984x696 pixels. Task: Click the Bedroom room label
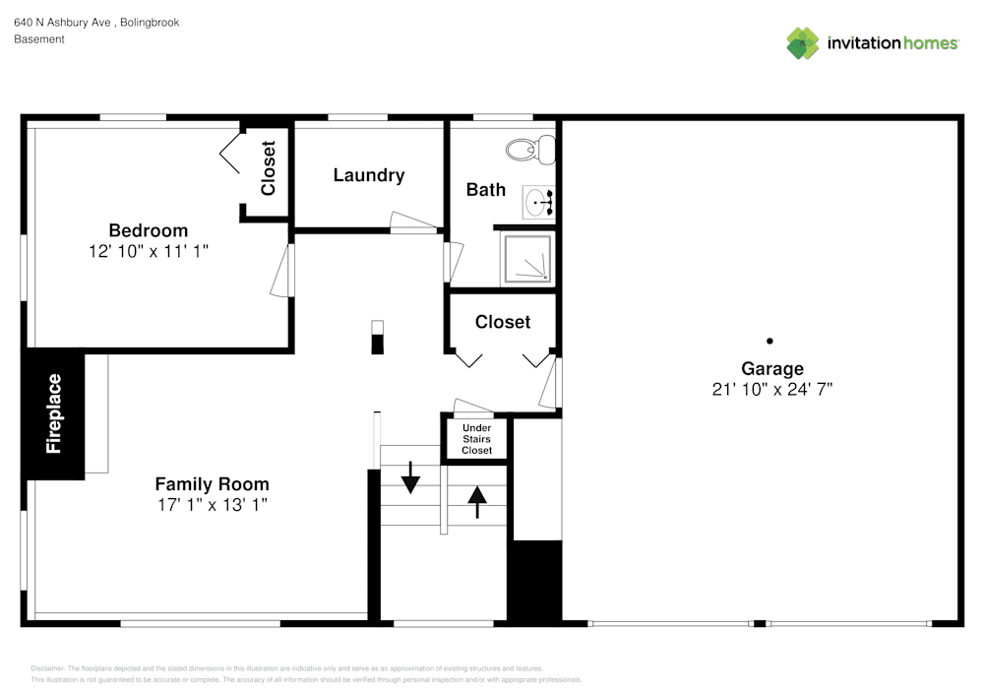click(x=149, y=230)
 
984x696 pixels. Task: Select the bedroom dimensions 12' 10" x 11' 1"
click(x=149, y=252)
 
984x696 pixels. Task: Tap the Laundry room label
click(x=369, y=175)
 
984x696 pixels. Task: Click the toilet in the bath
click(x=531, y=150)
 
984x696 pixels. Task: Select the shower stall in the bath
click(x=528, y=259)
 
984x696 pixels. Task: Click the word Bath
click(x=486, y=189)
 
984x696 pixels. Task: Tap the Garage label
click(x=772, y=369)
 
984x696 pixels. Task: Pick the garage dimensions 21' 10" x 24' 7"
click(x=772, y=390)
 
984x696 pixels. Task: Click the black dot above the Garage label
click(x=770, y=342)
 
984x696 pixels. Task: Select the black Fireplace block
click(x=54, y=413)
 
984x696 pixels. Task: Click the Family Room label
click(x=212, y=484)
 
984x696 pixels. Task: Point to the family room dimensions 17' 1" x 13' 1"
click(x=212, y=504)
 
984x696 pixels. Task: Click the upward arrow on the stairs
click(x=477, y=501)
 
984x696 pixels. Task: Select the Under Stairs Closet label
click(x=477, y=439)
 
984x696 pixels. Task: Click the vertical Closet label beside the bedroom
click(x=269, y=168)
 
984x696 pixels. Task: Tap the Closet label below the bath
click(x=503, y=322)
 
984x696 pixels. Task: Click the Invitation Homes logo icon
click(x=802, y=43)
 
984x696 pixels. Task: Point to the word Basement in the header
click(x=39, y=39)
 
